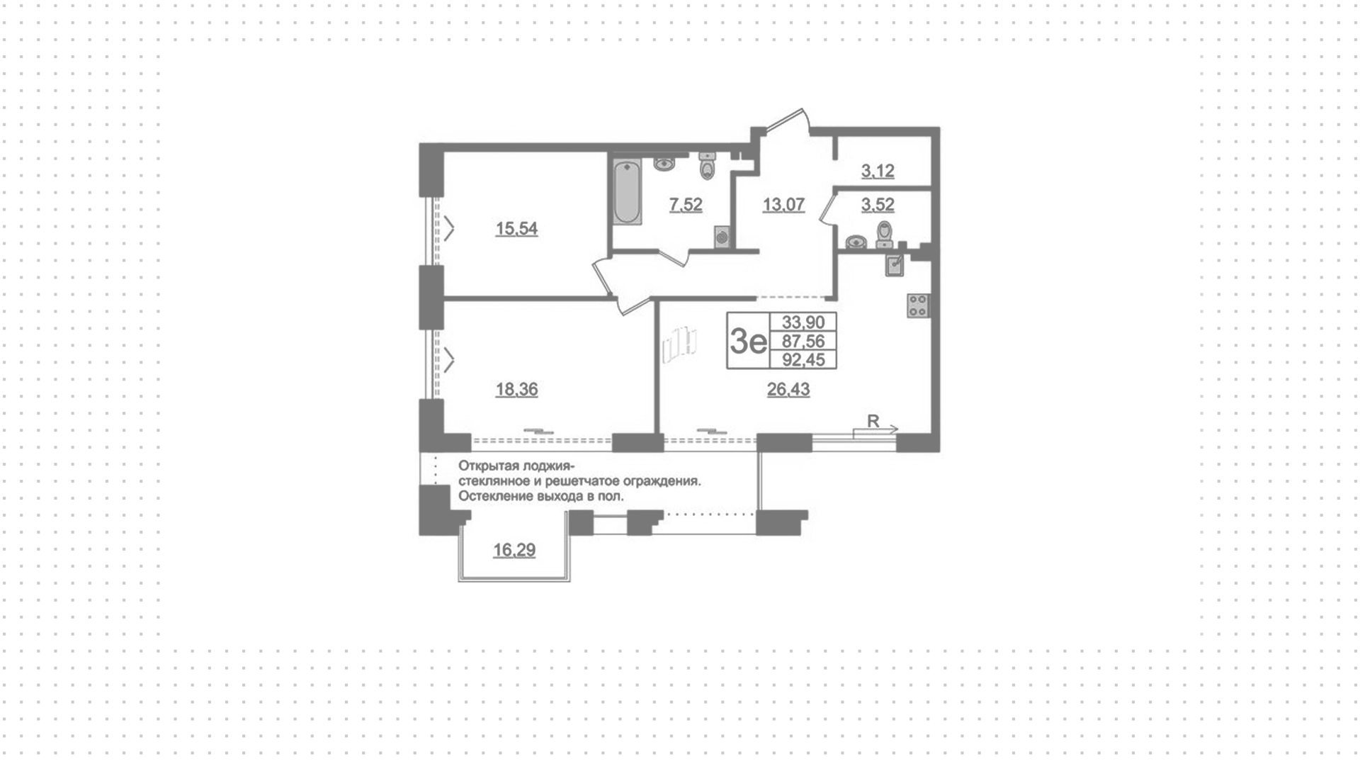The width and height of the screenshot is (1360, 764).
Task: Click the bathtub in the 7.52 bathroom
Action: (x=628, y=193)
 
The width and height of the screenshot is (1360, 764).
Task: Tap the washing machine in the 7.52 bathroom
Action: (x=722, y=236)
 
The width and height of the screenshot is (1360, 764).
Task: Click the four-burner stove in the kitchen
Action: (x=919, y=305)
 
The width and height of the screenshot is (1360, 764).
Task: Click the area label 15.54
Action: (x=516, y=229)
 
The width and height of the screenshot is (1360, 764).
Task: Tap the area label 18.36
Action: (x=516, y=390)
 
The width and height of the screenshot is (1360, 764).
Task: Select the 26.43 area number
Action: (x=788, y=390)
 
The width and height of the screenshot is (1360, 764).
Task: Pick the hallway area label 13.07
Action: (x=783, y=206)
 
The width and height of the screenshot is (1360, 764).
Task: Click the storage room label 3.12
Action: (x=878, y=172)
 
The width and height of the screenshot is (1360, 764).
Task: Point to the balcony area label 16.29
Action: (x=514, y=551)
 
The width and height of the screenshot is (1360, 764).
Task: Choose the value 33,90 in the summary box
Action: (x=803, y=322)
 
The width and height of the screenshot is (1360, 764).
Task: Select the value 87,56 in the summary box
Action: (x=803, y=342)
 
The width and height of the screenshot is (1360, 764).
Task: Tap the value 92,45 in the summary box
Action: (x=803, y=360)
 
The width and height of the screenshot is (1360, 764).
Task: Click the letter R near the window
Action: (x=873, y=421)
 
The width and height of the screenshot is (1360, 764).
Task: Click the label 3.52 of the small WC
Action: (x=878, y=206)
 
